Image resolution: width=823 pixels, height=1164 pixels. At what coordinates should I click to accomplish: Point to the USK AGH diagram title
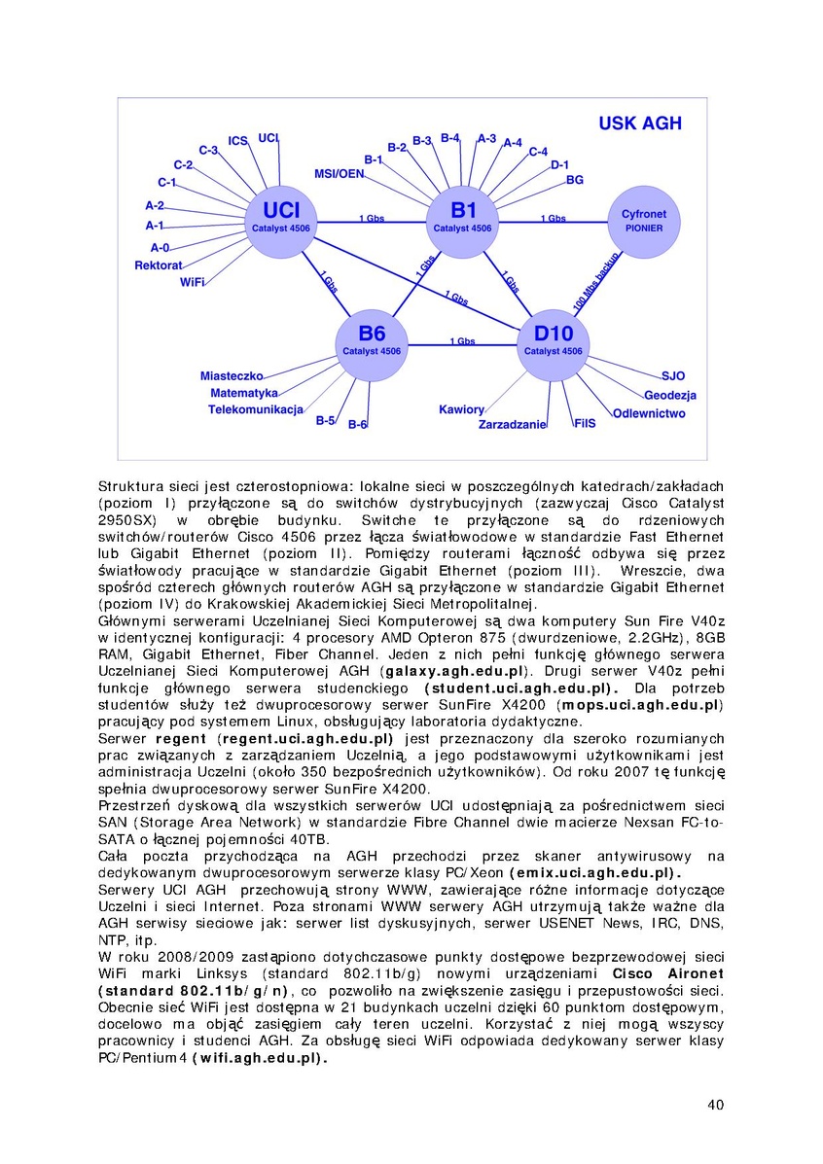[639, 123]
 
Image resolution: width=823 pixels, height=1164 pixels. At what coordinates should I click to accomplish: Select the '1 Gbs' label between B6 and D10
[462, 341]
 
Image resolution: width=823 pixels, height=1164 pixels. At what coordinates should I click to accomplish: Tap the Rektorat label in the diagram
[159, 265]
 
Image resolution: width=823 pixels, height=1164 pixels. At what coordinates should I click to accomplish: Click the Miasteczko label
[233, 375]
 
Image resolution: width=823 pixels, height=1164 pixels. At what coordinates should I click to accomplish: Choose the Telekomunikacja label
[256, 409]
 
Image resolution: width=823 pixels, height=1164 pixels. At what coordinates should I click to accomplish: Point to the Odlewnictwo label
[649, 413]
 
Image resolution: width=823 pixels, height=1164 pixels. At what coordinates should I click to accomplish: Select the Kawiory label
[461, 409]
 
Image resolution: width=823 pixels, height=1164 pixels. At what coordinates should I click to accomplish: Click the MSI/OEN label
[339, 174]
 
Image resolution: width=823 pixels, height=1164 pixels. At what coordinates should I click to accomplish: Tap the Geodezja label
[670, 396]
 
